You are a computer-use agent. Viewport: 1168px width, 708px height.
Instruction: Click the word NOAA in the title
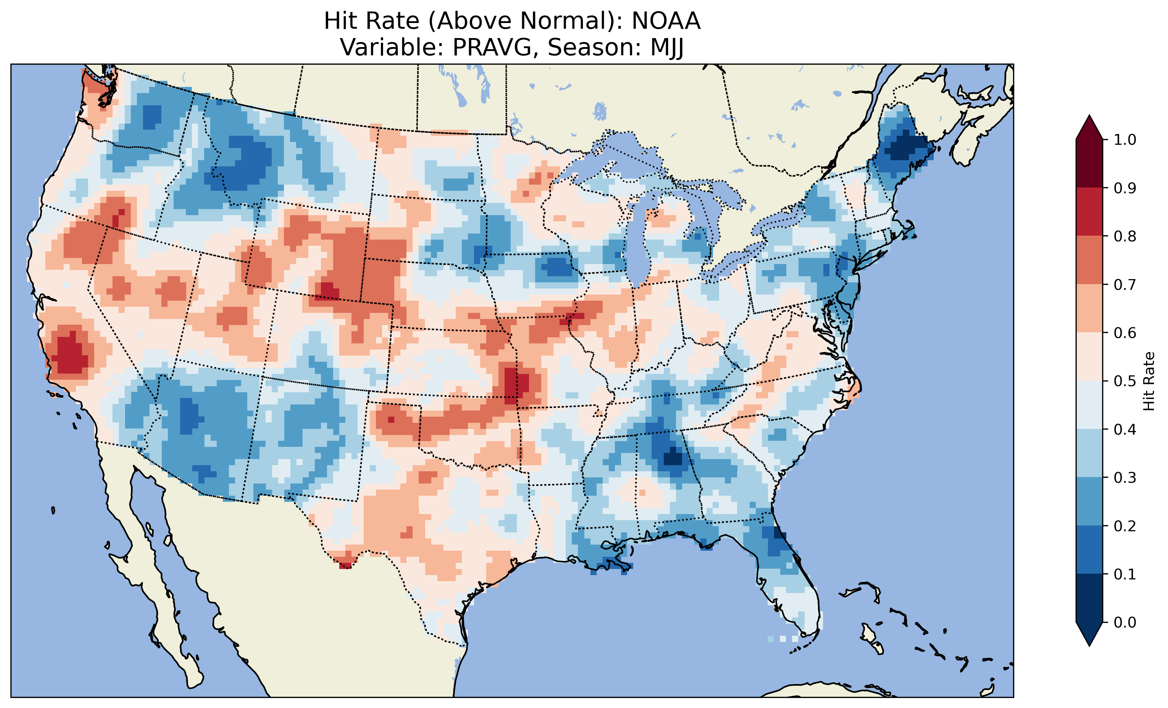(x=666, y=21)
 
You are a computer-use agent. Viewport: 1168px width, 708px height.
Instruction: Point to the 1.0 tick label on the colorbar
(x=1125, y=140)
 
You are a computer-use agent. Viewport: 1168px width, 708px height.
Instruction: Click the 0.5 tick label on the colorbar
(x=1125, y=381)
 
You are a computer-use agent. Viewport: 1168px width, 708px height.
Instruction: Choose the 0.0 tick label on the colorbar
(x=1125, y=622)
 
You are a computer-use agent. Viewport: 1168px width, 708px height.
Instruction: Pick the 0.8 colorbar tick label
(x=1125, y=236)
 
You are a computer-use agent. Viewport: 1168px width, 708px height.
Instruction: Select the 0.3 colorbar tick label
(x=1125, y=478)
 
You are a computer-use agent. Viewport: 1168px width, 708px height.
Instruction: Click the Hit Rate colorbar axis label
(x=1149, y=381)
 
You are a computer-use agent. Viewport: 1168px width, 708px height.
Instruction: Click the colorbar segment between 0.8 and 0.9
(x=1089, y=211)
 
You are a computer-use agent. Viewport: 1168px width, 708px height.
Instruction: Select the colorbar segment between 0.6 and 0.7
(x=1089, y=308)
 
